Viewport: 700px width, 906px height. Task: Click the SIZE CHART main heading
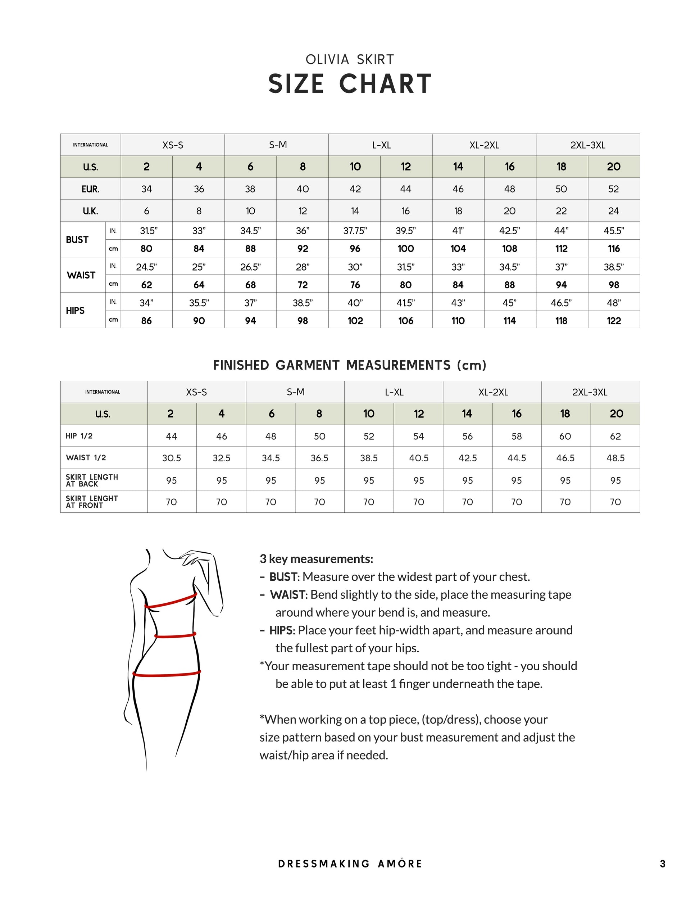(350, 84)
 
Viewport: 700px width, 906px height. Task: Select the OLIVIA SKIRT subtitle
(350, 60)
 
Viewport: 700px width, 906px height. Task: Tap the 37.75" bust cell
(355, 231)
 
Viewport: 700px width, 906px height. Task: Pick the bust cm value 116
(614, 249)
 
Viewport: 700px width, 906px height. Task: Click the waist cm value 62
(146, 285)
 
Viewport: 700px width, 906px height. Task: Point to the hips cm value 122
(614, 320)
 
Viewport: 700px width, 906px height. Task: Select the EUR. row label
(90, 189)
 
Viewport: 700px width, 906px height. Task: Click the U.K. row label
(90, 211)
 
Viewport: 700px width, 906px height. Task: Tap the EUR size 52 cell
(614, 189)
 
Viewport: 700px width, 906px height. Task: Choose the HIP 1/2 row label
(79, 436)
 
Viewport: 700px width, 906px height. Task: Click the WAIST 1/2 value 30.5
(171, 458)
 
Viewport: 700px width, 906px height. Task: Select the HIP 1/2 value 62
(615, 436)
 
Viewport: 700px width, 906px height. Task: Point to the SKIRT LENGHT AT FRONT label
(92, 502)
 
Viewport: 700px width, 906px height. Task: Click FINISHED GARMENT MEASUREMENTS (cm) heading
(350, 365)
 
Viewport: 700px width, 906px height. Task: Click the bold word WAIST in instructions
(288, 595)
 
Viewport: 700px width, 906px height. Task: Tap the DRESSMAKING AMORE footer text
(350, 864)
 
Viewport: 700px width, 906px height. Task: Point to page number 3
(663, 864)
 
